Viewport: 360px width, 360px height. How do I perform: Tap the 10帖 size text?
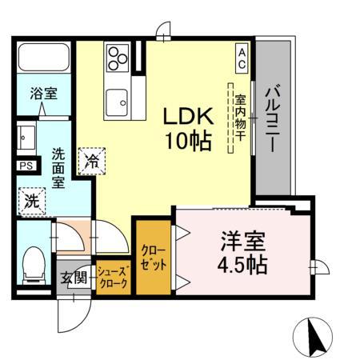pyautogui.click(x=188, y=142)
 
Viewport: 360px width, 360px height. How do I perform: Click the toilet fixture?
pyautogui.click(x=34, y=263)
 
